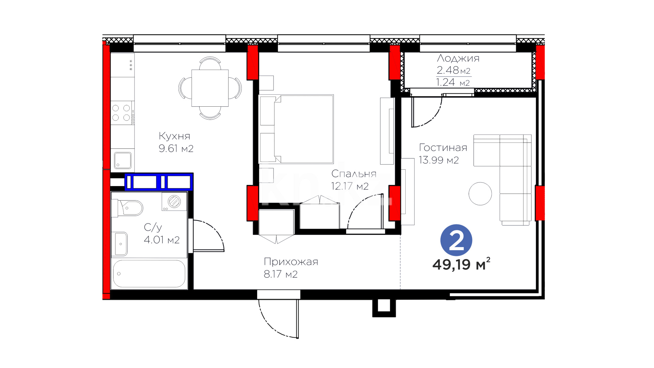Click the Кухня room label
174,136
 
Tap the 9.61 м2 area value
176,149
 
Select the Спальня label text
354,174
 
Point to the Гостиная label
443,148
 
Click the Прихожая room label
291,262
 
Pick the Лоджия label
458,58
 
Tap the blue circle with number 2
456,240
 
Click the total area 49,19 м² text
461,264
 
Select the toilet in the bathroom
127,208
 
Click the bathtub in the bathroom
149,274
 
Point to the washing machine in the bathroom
174,201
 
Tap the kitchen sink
123,160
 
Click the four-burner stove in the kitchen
122,113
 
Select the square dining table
210,88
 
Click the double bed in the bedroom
296,129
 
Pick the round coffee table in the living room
480,194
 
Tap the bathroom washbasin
121,244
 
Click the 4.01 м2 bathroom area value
162,240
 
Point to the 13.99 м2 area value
439,160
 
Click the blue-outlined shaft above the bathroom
159,182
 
